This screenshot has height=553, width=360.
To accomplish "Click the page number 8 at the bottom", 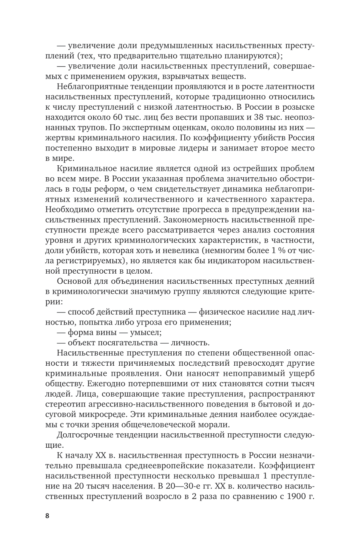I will pos(47,516).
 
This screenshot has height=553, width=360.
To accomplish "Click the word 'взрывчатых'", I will pos(197,76).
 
